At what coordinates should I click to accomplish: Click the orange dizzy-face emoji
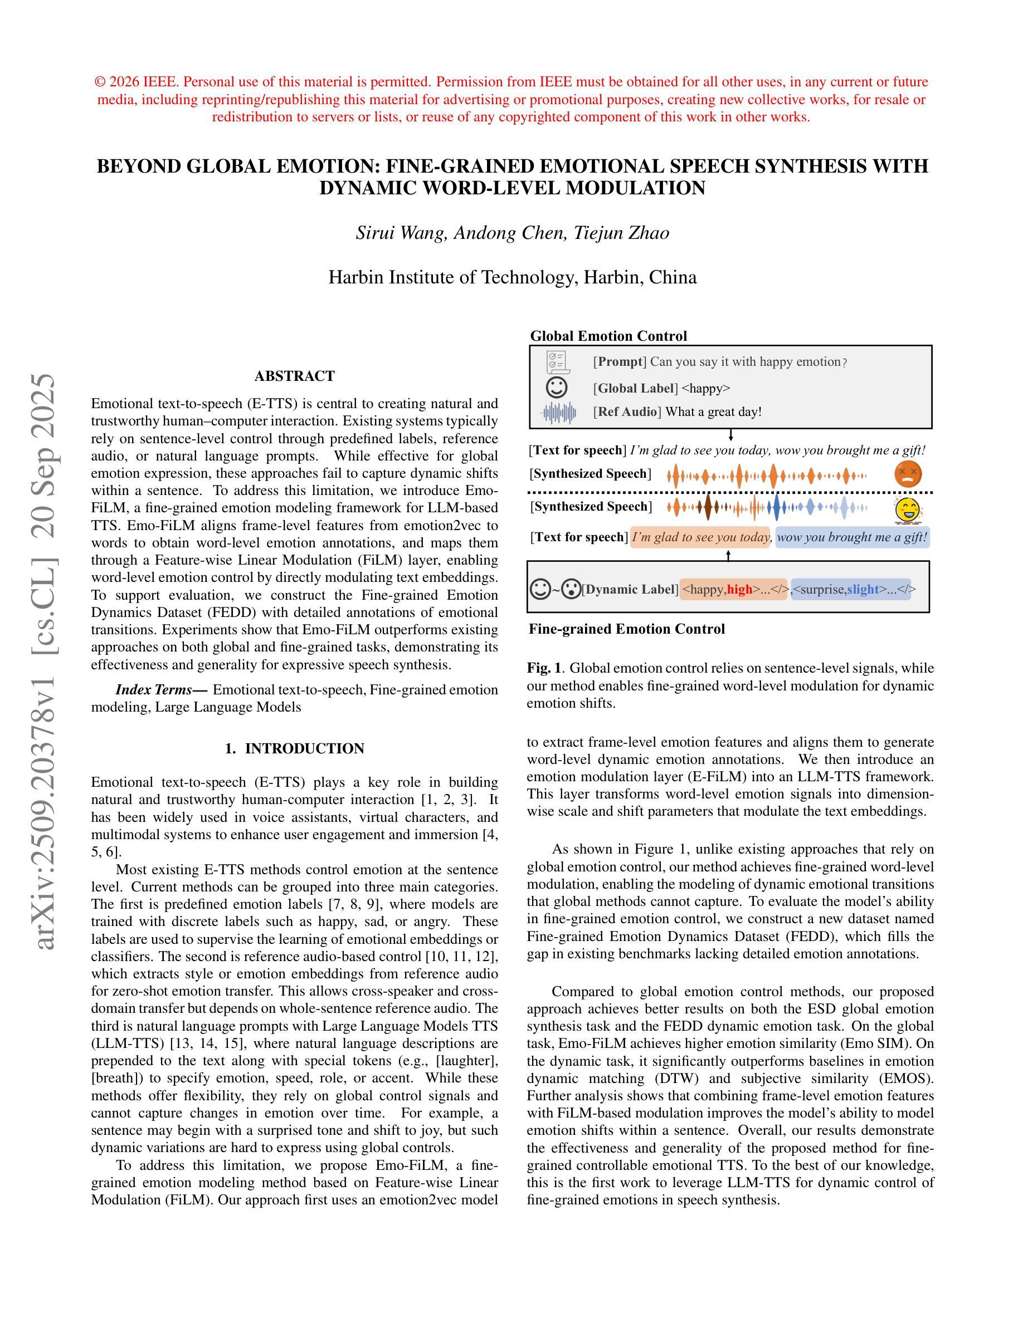(x=907, y=473)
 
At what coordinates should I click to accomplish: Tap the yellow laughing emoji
(x=907, y=510)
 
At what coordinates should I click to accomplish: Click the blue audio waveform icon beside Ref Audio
(x=558, y=413)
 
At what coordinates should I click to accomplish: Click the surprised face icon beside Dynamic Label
(x=571, y=589)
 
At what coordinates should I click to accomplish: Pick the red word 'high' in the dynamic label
(x=739, y=589)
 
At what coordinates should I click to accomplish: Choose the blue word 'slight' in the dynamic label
(x=863, y=589)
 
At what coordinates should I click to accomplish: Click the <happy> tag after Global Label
(x=706, y=388)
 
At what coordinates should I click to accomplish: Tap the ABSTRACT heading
(x=295, y=376)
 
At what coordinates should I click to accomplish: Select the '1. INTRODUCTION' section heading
(x=295, y=749)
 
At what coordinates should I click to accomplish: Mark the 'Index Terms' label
(x=161, y=690)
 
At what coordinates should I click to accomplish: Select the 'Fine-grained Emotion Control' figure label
(x=627, y=629)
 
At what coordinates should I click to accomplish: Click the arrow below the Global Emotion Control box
(x=731, y=435)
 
